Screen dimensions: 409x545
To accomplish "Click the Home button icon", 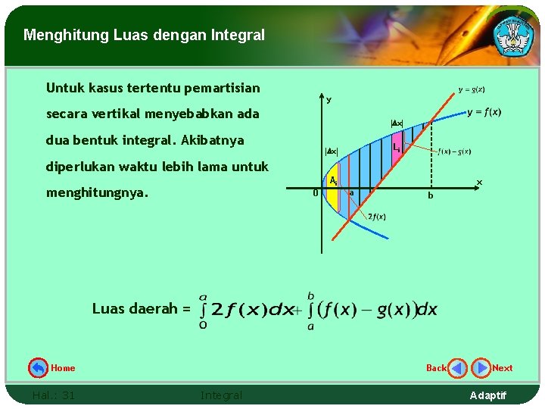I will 38,368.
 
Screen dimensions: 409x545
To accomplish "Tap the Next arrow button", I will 481,368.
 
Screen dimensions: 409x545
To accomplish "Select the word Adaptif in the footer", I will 488,395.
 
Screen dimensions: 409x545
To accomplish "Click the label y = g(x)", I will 472,89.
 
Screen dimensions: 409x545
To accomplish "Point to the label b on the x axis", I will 430,195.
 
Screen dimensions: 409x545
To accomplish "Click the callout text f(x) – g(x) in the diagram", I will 454,151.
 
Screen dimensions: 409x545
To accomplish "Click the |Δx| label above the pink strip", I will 397,123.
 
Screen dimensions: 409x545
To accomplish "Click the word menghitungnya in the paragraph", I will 96,193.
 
